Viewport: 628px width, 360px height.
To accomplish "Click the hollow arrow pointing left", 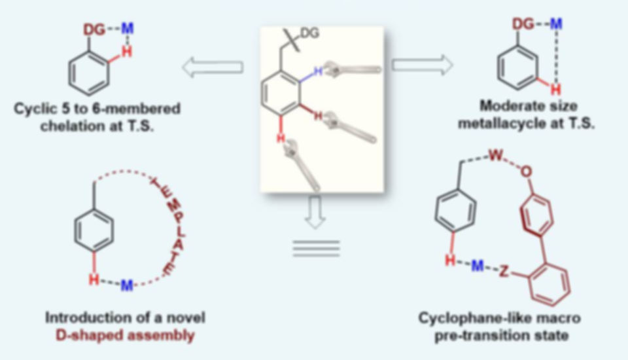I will pyautogui.click(x=212, y=67).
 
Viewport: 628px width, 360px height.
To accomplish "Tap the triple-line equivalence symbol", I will pyautogui.click(x=316, y=248).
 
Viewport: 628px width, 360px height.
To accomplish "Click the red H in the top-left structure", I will pyautogui.click(x=127, y=52).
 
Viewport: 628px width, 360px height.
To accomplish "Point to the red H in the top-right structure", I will pyautogui.click(x=555, y=89).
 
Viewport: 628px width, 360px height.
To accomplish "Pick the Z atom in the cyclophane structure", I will pyautogui.click(x=504, y=272).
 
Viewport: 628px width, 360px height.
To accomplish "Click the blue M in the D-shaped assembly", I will pyautogui.click(x=127, y=285).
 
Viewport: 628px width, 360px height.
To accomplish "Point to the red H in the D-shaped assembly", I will pyautogui.click(x=94, y=279).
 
